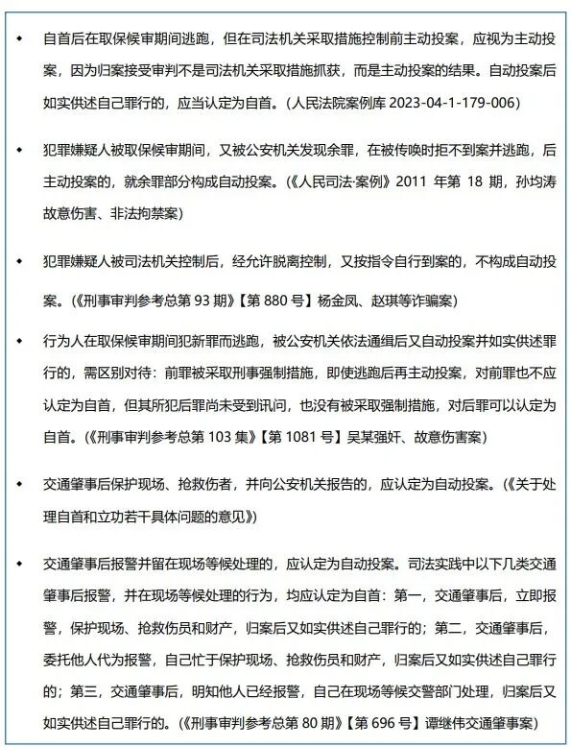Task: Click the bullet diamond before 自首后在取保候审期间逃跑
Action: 16,39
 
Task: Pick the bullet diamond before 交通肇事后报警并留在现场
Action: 16,563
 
